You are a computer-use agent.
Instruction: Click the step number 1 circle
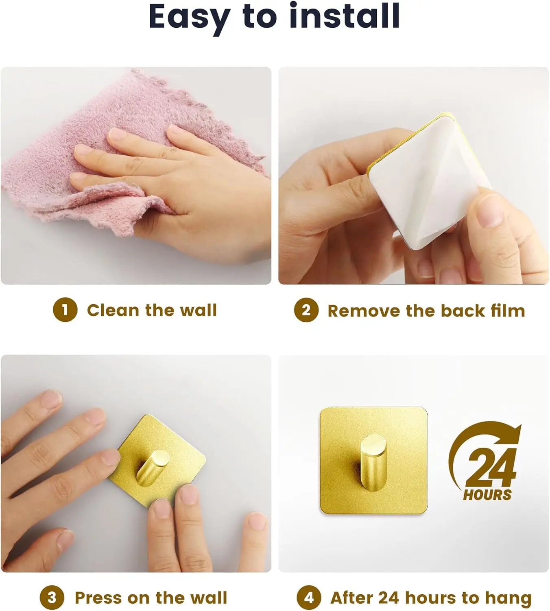click(65, 310)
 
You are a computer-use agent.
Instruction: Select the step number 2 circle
click(306, 310)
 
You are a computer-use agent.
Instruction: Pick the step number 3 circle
click(52, 598)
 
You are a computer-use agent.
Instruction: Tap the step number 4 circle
click(309, 598)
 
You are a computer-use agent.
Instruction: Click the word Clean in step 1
click(113, 310)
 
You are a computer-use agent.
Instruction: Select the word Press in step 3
click(99, 598)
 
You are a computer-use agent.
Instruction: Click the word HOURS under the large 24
click(487, 495)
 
